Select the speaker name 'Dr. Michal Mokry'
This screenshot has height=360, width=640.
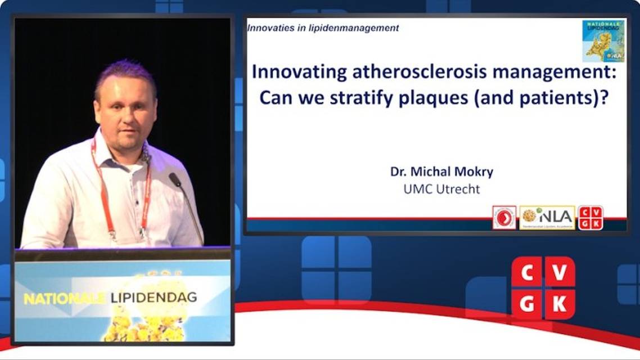point(441,172)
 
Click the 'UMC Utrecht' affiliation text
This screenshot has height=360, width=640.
point(441,189)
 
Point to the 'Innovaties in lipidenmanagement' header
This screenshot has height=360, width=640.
point(324,28)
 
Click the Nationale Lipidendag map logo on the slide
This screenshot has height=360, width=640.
point(603,40)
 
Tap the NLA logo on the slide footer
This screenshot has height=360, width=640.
point(547,217)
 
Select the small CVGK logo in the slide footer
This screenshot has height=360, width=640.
point(591,217)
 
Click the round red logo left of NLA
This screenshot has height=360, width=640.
point(504,217)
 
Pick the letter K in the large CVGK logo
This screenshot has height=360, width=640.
point(560,304)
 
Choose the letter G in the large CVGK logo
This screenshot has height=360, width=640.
point(527,304)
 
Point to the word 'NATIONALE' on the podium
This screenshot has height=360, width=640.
point(64,299)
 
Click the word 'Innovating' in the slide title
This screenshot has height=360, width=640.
point(290,73)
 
